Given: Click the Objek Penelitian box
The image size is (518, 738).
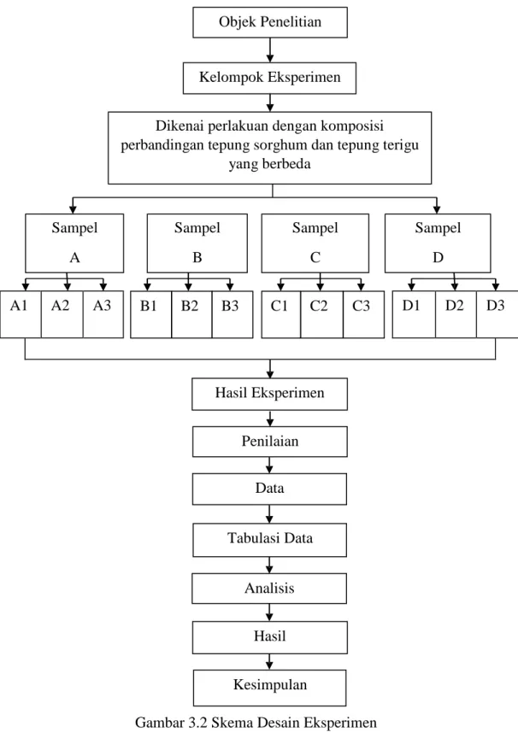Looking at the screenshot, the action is (x=270, y=22).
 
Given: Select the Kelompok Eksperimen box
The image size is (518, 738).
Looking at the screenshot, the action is (x=269, y=78).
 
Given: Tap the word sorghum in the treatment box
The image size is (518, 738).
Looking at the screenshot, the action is (x=280, y=145).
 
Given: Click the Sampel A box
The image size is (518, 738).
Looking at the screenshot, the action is (x=74, y=243).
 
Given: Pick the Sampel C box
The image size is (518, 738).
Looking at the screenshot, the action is (x=315, y=243).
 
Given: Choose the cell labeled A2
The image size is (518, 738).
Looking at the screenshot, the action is (x=62, y=314).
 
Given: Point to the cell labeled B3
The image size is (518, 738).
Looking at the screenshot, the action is (x=233, y=314).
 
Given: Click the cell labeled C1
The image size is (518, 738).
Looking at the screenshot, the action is (x=280, y=314).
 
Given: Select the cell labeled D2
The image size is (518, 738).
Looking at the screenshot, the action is (x=456, y=314).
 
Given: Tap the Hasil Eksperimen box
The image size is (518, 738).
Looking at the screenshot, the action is (x=269, y=394).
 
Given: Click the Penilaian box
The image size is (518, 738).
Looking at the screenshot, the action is (x=270, y=442).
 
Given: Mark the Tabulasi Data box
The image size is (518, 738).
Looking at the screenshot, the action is (x=269, y=539).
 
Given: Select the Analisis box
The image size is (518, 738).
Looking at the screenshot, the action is (x=269, y=589).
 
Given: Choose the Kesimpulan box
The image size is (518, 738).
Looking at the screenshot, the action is (x=269, y=688).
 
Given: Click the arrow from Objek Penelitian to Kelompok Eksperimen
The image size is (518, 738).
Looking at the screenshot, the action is (x=270, y=50).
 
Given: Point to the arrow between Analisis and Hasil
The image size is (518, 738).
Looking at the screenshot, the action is (x=269, y=612).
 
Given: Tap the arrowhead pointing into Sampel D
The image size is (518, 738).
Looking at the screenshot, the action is (x=437, y=209).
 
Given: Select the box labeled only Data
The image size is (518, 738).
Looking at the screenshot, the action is (x=269, y=489).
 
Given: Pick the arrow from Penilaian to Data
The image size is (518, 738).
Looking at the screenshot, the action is (x=269, y=465).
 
